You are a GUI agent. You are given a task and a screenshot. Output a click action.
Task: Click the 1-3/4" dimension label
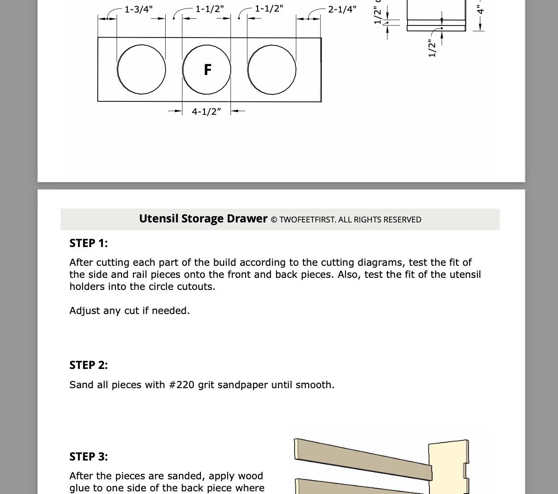pyautogui.click(x=138, y=9)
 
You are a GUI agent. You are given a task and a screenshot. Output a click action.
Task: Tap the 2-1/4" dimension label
pyautogui.click(x=342, y=9)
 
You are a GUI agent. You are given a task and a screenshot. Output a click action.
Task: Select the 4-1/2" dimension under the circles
pyautogui.click(x=206, y=111)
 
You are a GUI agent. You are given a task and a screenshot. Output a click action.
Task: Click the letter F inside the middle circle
pyautogui.click(x=207, y=70)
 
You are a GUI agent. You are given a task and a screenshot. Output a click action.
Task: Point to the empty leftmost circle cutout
pyautogui.click(x=142, y=70)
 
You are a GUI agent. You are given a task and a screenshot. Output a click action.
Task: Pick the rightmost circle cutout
pyautogui.click(x=272, y=70)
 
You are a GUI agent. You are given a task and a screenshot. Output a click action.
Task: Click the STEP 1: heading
pyautogui.click(x=88, y=243)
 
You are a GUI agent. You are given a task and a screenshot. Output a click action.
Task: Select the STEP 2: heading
pyautogui.click(x=88, y=365)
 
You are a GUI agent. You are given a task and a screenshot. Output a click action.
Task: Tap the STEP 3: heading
pyautogui.click(x=88, y=456)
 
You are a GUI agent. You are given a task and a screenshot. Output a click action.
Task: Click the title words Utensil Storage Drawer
pyautogui.click(x=203, y=218)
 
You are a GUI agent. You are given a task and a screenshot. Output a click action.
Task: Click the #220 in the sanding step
pyautogui.click(x=182, y=385)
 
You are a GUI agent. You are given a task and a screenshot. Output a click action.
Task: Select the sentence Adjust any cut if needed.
pyautogui.click(x=129, y=310)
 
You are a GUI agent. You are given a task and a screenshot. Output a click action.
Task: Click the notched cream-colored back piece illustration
pyautogui.click(x=447, y=467)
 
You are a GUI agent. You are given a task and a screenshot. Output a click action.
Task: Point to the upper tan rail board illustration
pyautogui.click(x=362, y=458)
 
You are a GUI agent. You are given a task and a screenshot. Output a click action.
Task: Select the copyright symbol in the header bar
pyautogui.click(x=274, y=220)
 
